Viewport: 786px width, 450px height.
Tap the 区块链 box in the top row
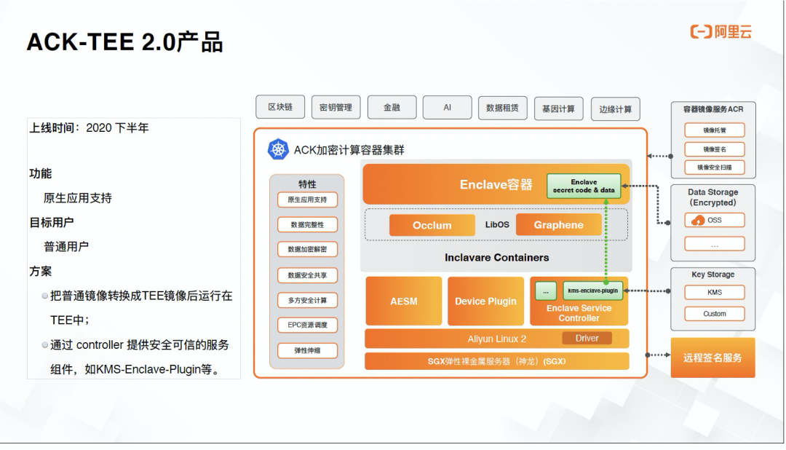click(x=280, y=107)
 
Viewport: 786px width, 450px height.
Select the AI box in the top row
click(x=447, y=107)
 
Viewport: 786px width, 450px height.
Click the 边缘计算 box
click(x=615, y=108)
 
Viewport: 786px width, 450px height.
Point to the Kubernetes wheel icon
click(x=279, y=150)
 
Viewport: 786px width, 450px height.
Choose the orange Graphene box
click(x=558, y=225)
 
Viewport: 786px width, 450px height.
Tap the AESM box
click(x=403, y=301)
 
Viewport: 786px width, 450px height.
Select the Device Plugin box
click(x=485, y=301)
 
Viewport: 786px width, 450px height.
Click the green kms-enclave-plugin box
click(x=592, y=291)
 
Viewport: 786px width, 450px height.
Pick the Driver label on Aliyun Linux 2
click(x=587, y=338)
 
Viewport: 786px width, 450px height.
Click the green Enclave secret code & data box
click(x=583, y=186)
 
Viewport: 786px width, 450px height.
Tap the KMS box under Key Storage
click(x=714, y=292)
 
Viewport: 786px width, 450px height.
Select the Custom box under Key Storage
click(x=714, y=314)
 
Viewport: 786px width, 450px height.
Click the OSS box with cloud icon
click(x=714, y=220)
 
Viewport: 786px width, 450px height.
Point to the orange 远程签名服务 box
click(x=712, y=358)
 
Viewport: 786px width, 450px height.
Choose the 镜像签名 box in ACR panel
click(x=714, y=149)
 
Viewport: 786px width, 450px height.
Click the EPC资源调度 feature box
click(x=307, y=325)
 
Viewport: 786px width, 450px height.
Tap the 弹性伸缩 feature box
click(x=307, y=350)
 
